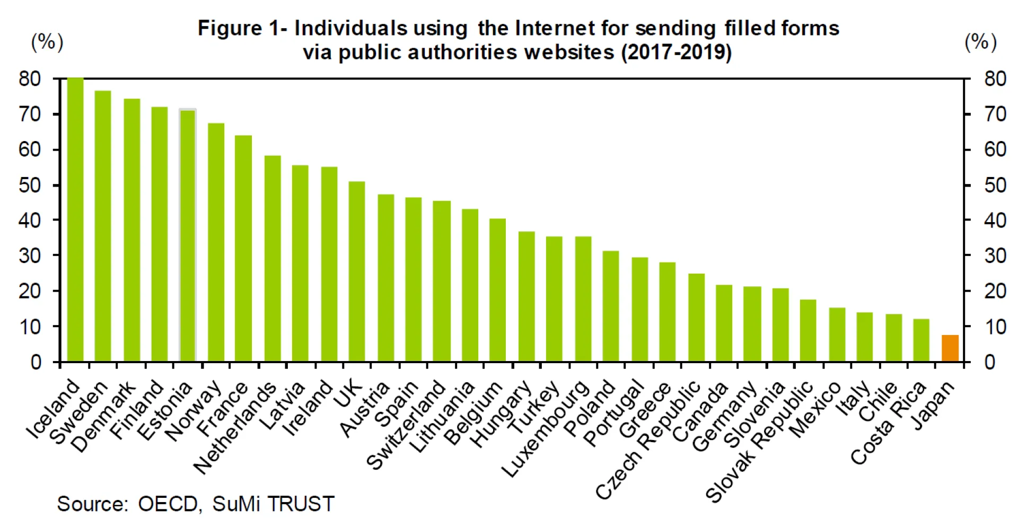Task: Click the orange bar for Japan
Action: (x=950, y=348)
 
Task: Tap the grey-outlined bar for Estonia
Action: (x=188, y=235)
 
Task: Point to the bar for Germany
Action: (x=752, y=324)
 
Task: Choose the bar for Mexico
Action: (x=837, y=335)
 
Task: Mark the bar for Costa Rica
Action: (x=921, y=340)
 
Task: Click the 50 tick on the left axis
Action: (x=30, y=185)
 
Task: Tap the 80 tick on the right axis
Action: (x=995, y=79)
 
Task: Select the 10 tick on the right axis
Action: (x=995, y=327)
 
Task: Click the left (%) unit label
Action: (x=47, y=42)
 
